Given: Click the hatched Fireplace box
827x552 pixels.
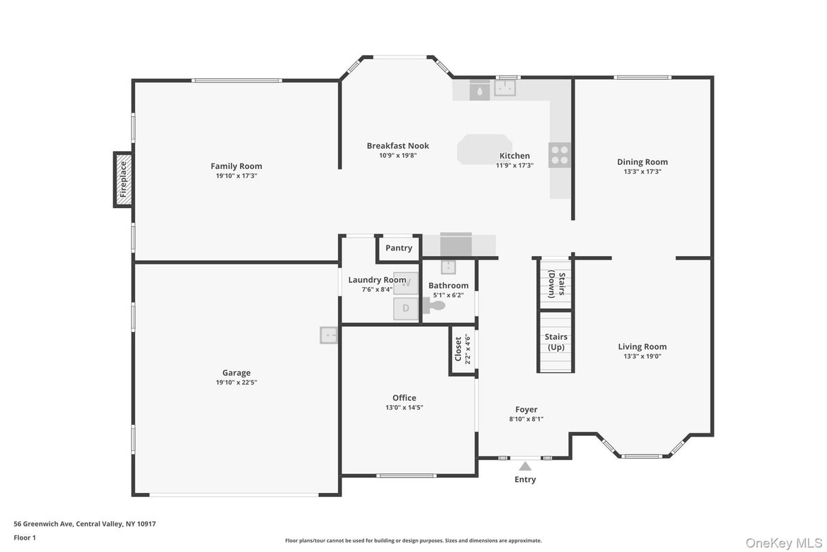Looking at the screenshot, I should pos(123,179).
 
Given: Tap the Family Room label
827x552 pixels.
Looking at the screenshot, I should pos(236,166).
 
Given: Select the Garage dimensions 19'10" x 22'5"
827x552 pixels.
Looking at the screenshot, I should pos(236,382).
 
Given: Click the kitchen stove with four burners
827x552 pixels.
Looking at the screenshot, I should pos(559,155).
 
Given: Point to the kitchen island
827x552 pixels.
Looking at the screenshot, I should pos(484,149).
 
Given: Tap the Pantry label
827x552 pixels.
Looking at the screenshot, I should pos(398,248).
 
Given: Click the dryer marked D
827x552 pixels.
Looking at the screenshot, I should pos(405,308).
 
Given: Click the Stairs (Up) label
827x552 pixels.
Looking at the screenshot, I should pos(555,342).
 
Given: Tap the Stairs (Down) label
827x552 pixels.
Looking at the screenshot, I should pos(556,284).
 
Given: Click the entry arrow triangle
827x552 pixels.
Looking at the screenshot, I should pos(525,466).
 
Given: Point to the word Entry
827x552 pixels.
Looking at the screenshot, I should pos(525,479).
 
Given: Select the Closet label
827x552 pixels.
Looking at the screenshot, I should pos(458,349).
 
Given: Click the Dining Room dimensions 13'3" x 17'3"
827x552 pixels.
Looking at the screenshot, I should pos(642,172).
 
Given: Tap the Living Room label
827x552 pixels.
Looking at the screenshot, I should pos(642,347).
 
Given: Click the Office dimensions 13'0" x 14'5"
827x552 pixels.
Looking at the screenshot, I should pos(404,407).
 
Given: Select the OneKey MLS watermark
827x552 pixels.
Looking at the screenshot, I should pos(784,543).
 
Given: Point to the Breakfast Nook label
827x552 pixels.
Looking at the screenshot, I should pos(398,146).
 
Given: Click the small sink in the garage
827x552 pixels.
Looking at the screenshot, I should pos(328,335).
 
